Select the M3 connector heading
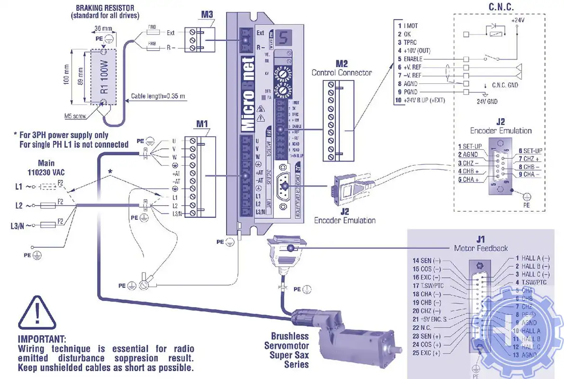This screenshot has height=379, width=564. [x=207, y=15]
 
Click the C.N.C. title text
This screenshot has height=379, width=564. [x=501, y=7]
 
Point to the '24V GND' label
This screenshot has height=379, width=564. [x=487, y=101]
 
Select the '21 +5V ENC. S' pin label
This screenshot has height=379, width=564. [x=430, y=319]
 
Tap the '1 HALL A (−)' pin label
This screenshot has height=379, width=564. [x=532, y=258]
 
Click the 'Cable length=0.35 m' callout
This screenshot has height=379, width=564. [x=158, y=96]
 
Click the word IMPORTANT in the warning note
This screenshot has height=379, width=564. [x=42, y=340]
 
